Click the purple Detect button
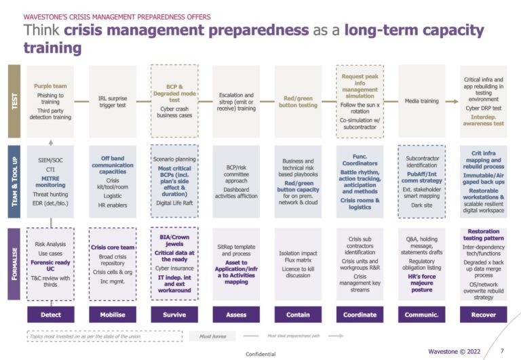51,315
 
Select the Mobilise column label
113,315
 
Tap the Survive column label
174,315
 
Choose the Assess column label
236,315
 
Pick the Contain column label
298,315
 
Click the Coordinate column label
360,315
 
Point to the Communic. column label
421,315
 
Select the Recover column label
483,315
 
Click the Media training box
421,102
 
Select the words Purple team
51,87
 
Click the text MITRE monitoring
51,181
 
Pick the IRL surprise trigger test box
113,102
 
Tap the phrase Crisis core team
113,247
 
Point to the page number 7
501,351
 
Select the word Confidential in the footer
260,354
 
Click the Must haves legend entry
213,336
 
